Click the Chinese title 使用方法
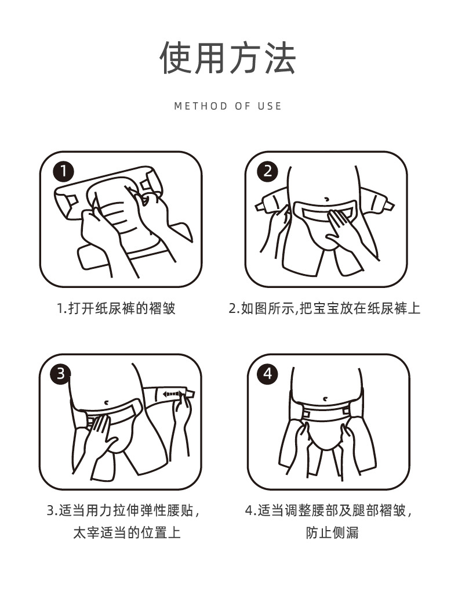228,58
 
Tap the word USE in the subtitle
270,106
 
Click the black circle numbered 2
268,171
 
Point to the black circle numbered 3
60,373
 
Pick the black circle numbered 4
268,373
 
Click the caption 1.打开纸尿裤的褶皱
117,309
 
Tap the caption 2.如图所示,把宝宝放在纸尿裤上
324,309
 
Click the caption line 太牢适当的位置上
127,533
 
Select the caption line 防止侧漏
332,533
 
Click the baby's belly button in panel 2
326,199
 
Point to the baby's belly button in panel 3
106,402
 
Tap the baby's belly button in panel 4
326,398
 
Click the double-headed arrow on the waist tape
171,394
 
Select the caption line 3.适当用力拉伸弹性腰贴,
123,511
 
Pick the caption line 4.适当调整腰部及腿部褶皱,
329,511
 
